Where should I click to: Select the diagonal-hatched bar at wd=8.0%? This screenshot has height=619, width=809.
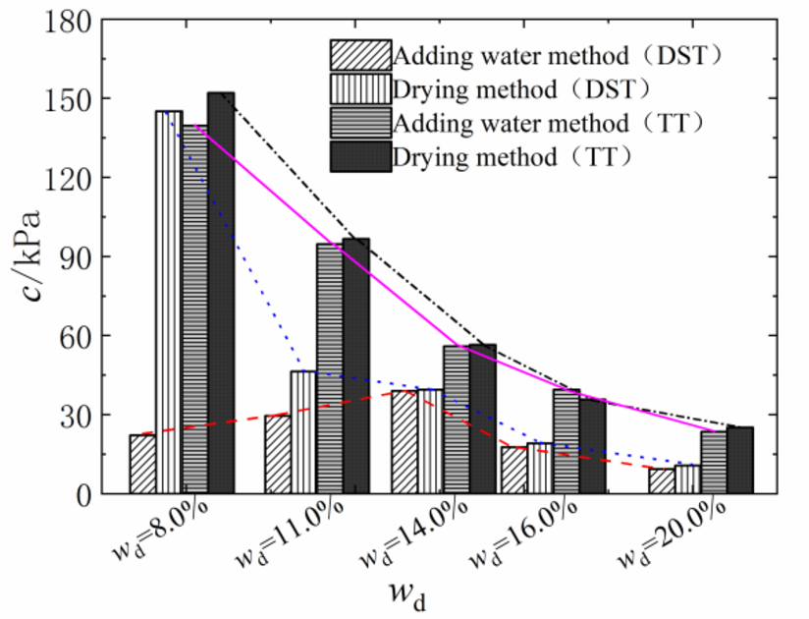(x=142, y=464)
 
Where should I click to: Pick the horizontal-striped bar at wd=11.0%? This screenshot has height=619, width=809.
(x=329, y=368)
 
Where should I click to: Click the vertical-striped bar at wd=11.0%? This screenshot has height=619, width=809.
(x=303, y=432)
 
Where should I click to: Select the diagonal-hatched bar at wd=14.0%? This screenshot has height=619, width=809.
(x=404, y=442)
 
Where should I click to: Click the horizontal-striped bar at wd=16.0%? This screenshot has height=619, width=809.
(x=566, y=441)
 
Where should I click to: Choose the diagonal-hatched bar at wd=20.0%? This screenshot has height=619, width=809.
(x=662, y=480)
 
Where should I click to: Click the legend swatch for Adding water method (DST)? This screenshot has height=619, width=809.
(x=360, y=55)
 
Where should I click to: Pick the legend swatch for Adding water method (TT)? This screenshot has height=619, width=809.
(x=360, y=124)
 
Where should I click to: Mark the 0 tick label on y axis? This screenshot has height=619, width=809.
(x=84, y=494)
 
